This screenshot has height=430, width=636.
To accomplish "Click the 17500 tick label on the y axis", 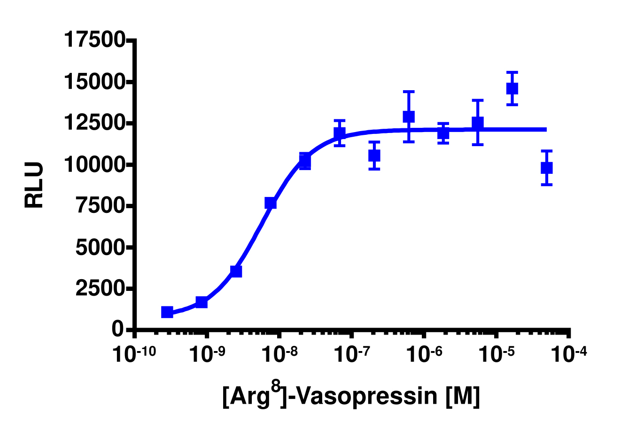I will pyautogui.click(x=94, y=40).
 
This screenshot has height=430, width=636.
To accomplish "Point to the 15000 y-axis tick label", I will pyautogui.click(x=94, y=82).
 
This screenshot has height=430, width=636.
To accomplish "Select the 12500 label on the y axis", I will pyautogui.click(x=94, y=124).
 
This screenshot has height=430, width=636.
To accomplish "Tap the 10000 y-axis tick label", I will pyautogui.click(x=94, y=165).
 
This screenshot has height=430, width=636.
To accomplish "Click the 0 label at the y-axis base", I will pyautogui.click(x=118, y=329).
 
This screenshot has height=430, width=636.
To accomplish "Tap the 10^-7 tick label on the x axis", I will pyautogui.click(x=350, y=354).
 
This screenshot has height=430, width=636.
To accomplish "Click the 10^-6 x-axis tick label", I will pyautogui.click(x=424, y=354).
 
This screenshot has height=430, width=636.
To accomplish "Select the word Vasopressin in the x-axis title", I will pyautogui.click(x=367, y=396).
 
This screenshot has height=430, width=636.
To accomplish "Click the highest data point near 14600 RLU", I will pyautogui.click(x=512, y=88).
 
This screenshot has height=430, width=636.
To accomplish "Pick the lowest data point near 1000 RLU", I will pyautogui.click(x=167, y=312).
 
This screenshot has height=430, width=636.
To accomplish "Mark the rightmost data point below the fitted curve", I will pyautogui.click(x=546, y=168).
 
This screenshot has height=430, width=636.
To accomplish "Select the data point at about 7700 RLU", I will pyautogui.click(x=271, y=203).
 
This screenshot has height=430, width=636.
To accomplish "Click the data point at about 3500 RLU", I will pyautogui.click(x=236, y=271).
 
